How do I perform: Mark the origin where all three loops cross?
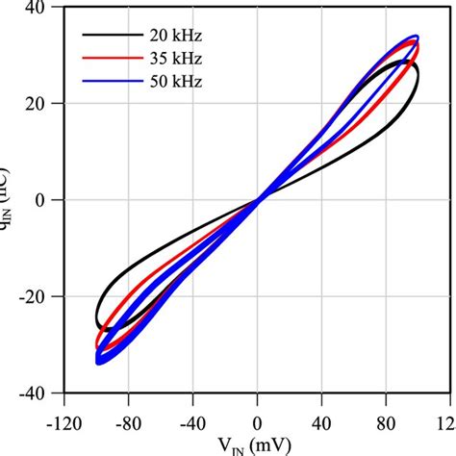click(x=258, y=200)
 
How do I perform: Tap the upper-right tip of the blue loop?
click(x=416, y=37)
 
